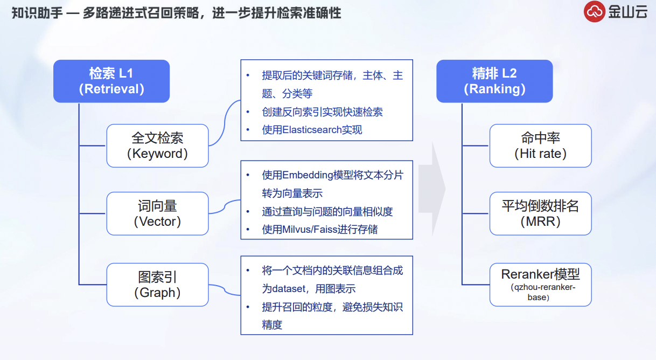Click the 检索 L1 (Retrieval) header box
[111, 81]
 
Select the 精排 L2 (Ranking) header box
[494, 81]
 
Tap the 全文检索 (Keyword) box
[157, 146]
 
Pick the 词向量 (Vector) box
[157, 213]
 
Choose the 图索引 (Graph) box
[157, 285]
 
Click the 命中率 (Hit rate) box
[540, 146]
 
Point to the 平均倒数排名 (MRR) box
[540, 213]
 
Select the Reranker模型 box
[540, 285]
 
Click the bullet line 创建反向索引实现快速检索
[322, 112]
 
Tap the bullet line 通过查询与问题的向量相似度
[327, 211]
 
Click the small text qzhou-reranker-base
[540, 292]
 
